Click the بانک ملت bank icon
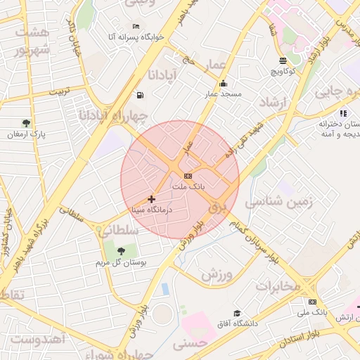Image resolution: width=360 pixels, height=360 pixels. point(187,176)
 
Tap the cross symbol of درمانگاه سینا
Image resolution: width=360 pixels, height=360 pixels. point(151,199)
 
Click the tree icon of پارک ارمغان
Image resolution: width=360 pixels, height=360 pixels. point(27,123)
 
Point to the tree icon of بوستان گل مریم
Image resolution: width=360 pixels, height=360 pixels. point(121,250)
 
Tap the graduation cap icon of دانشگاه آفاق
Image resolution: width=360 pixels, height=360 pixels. point(237,313)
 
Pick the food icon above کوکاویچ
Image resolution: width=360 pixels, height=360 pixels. point(283,60)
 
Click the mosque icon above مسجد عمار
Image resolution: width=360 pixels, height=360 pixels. point(223,83)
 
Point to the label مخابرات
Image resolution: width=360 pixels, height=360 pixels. point(278,286)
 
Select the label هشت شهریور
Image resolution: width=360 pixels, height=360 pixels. point(34,41)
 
